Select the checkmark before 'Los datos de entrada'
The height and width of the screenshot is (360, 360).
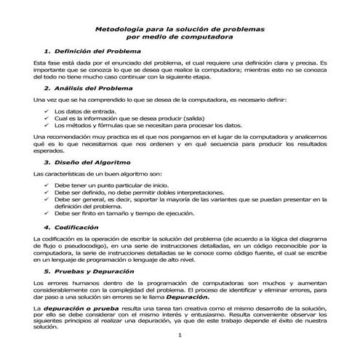[x=48, y=111]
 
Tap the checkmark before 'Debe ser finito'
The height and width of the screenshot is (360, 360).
[x=48, y=213]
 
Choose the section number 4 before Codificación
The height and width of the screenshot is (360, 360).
[x=47, y=227]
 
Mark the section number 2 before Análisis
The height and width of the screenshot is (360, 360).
[x=47, y=87]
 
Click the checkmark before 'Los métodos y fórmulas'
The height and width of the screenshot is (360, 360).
[x=48, y=125]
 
